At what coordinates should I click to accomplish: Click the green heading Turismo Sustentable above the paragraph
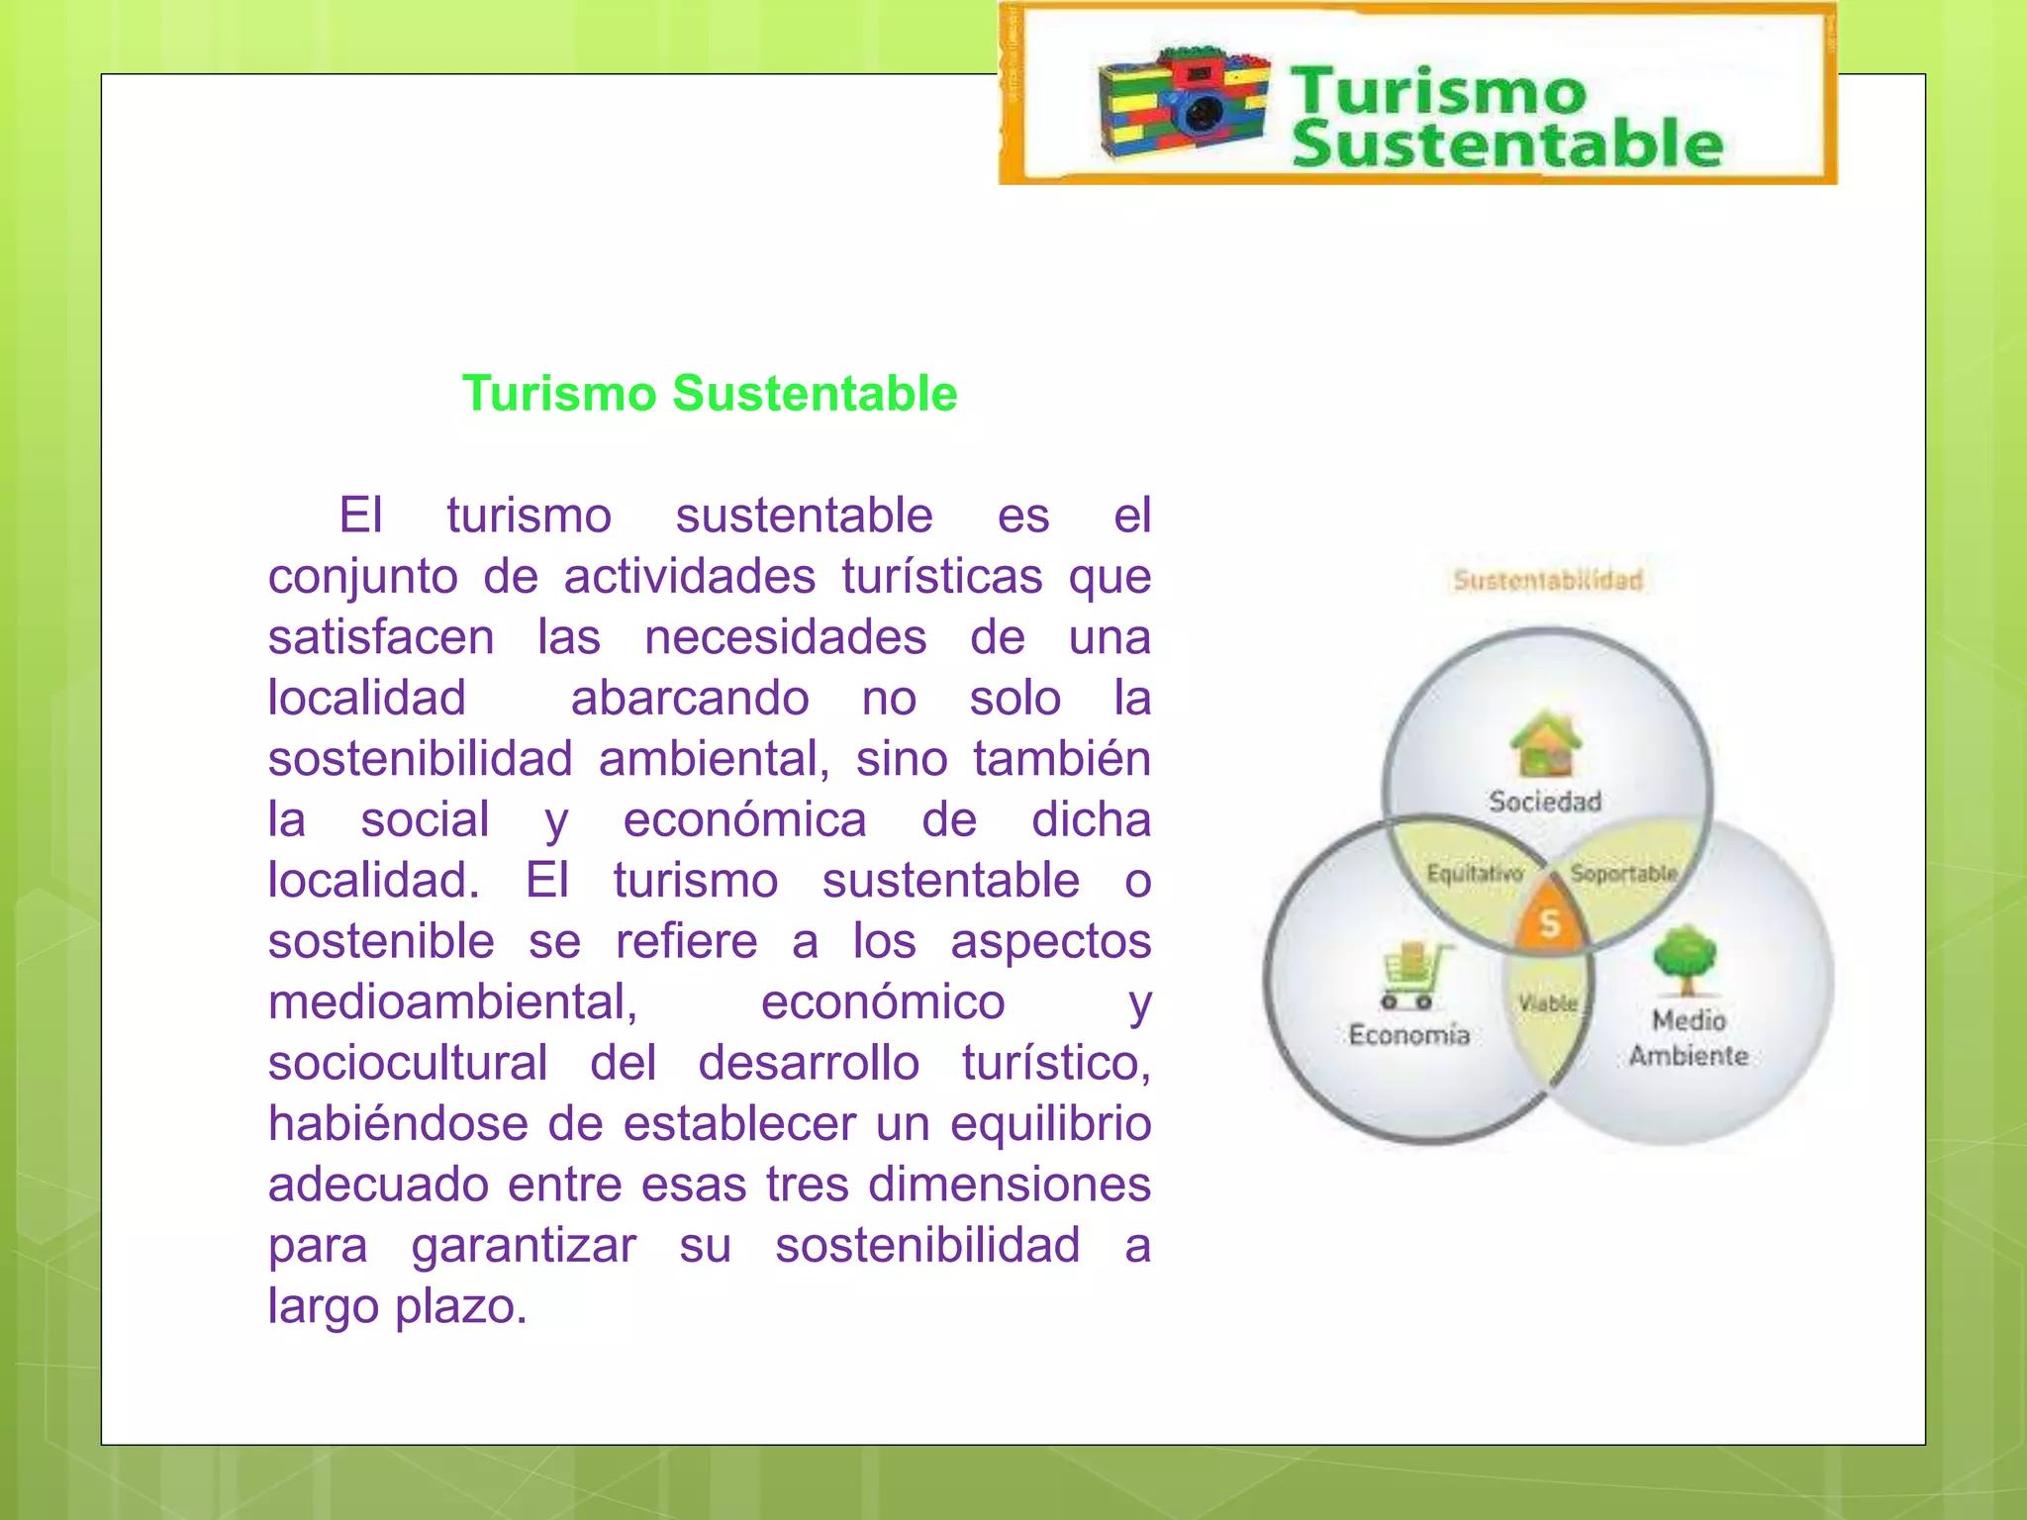(x=710, y=394)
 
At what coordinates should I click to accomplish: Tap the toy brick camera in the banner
(x=1186, y=103)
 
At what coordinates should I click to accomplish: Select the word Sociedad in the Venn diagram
(x=1545, y=802)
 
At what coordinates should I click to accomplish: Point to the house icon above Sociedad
(x=1546, y=743)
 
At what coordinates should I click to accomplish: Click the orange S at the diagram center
(x=1550, y=923)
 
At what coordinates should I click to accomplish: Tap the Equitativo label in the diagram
(x=1475, y=874)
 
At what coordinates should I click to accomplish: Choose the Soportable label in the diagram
(x=1624, y=874)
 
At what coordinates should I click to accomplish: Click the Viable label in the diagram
(x=1548, y=1002)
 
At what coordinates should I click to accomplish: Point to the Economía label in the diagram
(x=1409, y=1035)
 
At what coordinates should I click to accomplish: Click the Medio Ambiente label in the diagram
(x=1689, y=1038)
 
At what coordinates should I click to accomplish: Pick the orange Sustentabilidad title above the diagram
(x=1548, y=580)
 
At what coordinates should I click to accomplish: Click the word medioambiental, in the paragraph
(x=453, y=1001)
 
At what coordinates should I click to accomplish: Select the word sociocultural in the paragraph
(x=408, y=1063)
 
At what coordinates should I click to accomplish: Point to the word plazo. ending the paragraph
(x=461, y=1307)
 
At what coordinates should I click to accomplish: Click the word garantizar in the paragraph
(x=525, y=1246)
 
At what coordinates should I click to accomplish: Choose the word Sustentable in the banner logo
(x=1507, y=144)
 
